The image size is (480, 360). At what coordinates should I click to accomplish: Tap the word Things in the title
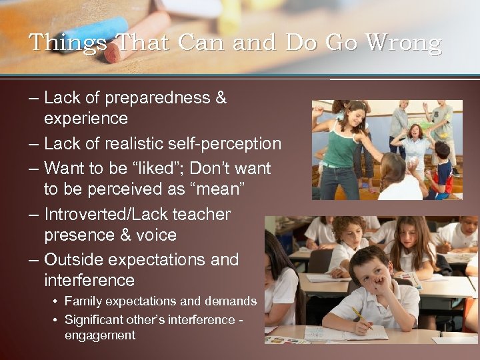[67, 43]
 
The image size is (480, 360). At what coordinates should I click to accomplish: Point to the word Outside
[74, 259]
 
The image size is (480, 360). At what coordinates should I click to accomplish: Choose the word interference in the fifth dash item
[89, 281]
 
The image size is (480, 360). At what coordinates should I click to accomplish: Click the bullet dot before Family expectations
[55, 302]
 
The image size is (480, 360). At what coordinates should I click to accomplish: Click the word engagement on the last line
[100, 335]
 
